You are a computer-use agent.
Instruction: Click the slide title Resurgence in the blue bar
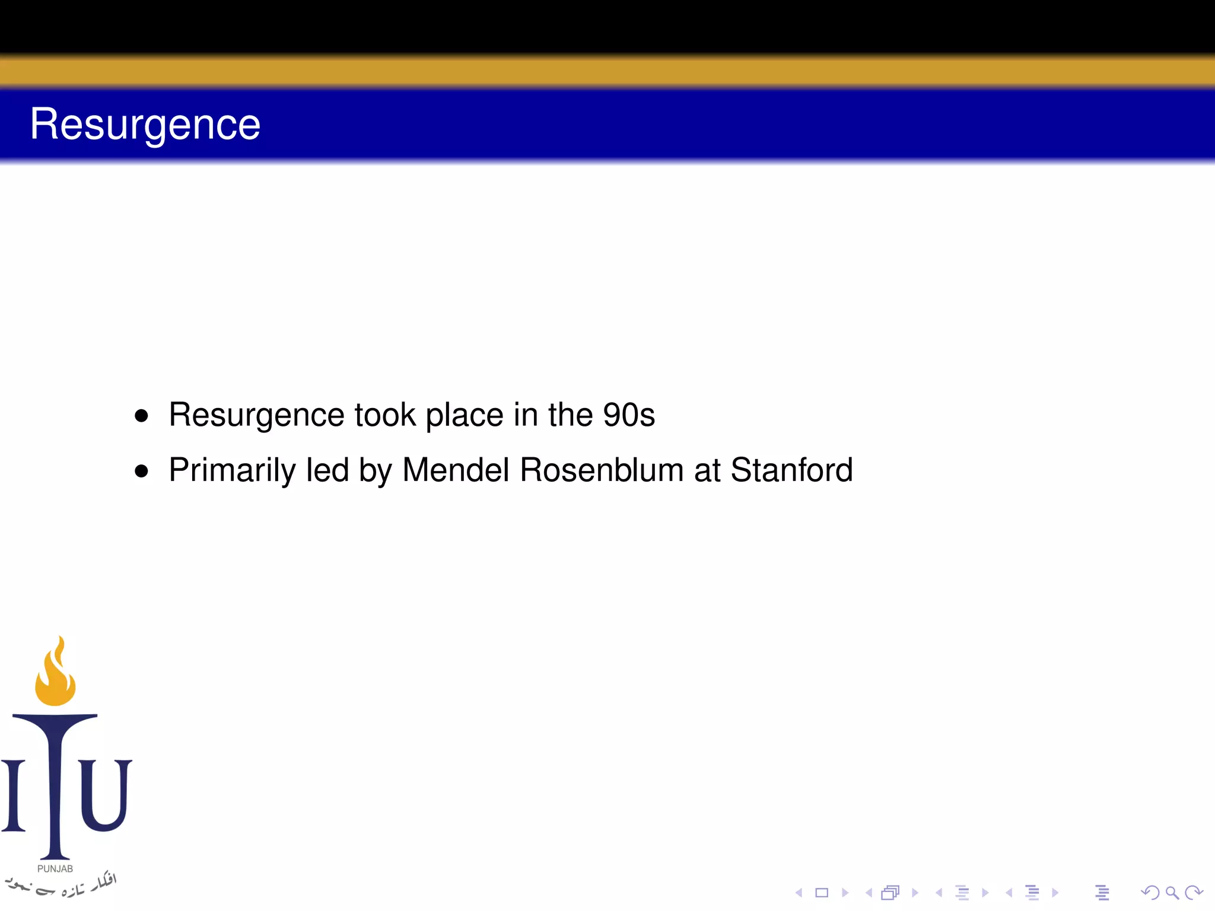[x=145, y=125]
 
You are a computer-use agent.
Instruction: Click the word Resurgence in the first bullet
[x=256, y=415]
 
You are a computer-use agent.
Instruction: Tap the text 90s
[x=629, y=415]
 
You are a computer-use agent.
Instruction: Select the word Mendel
[x=456, y=470]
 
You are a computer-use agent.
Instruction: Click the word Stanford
[x=791, y=470]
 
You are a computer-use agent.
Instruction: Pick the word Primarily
[x=232, y=470]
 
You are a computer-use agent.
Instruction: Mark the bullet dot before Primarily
[x=141, y=472]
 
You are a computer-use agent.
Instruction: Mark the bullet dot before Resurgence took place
[x=141, y=416]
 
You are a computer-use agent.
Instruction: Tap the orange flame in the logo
[x=55, y=676]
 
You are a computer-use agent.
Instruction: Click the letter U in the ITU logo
[x=105, y=795]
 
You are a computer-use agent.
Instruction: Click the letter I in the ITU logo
[x=13, y=795]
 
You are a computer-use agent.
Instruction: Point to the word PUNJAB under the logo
[x=55, y=869]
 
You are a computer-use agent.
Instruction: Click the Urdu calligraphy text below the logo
[x=62, y=885]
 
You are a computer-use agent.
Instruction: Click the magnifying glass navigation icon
[x=1172, y=893]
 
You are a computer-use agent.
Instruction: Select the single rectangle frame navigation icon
[x=822, y=893]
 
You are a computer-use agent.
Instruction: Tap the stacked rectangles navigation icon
[x=890, y=893]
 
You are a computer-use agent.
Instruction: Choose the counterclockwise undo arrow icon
[x=1150, y=893]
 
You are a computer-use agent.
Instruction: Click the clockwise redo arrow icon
[x=1194, y=893]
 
